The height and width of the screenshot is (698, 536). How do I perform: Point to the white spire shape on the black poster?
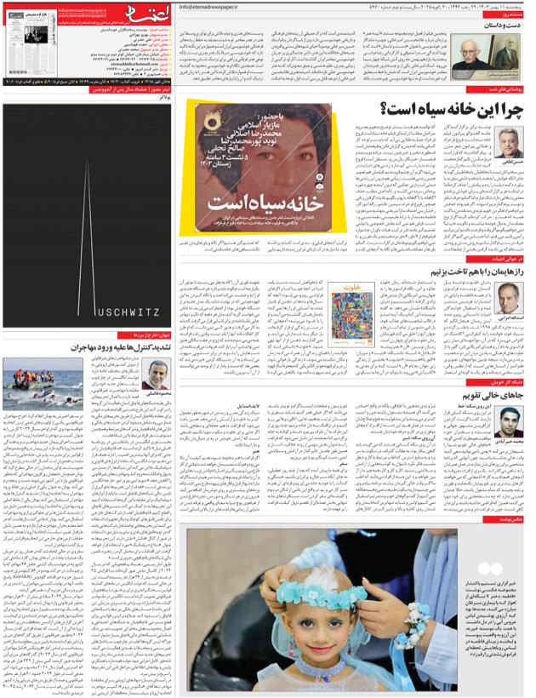(88, 230)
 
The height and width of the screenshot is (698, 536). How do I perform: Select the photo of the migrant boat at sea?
(42, 383)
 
